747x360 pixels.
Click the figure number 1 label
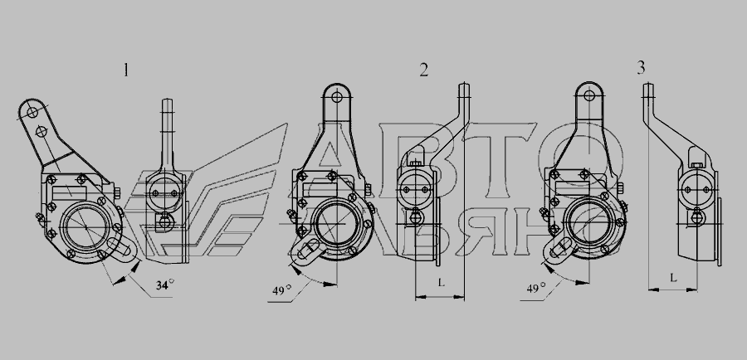(126, 71)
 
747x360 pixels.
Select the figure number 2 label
(423, 71)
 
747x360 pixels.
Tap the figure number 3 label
(642, 68)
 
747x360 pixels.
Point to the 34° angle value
(165, 285)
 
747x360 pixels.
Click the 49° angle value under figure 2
(282, 289)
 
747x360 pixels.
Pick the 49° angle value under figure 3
(536, 288)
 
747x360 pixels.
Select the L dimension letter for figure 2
(442, 283)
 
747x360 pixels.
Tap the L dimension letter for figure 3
(673, 278)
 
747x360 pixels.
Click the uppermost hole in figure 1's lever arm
(32, 113)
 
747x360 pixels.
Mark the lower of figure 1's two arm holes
(41, 130)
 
